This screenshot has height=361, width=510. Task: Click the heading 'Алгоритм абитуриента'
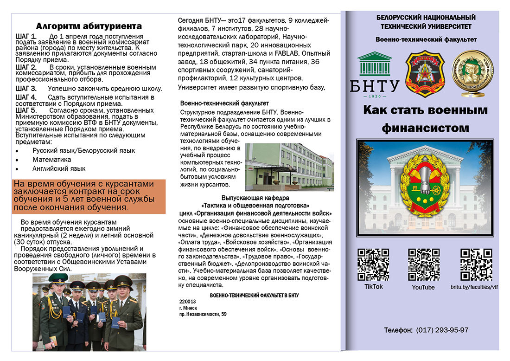(89, 26)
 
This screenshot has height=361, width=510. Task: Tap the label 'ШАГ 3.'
(26, 88)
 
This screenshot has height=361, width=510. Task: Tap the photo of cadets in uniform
(89, 312)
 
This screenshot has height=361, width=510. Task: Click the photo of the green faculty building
(289, 167)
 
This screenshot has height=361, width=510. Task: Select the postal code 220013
(187, 301)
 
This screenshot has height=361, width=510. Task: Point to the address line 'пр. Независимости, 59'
(203, 314)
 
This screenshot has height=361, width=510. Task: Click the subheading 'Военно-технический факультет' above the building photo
(224, 103)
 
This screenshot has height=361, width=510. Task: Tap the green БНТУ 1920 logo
(378, 75)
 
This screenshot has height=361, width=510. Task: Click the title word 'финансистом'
(425, 128)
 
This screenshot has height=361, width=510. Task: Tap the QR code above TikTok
(373, 264)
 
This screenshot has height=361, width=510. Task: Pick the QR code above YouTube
(423, 264)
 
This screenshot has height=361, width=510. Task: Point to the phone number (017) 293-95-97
(442, 330)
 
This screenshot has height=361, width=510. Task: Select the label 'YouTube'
(423, 287)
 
